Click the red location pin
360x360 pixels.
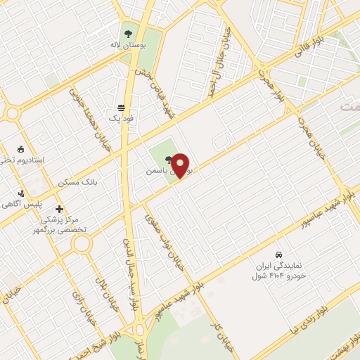point(181,165)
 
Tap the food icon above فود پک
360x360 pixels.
point(121,108)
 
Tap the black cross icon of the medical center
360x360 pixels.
point(59,209)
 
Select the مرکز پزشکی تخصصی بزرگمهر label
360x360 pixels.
point(62,224)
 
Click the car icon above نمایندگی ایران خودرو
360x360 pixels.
point(279,254)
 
